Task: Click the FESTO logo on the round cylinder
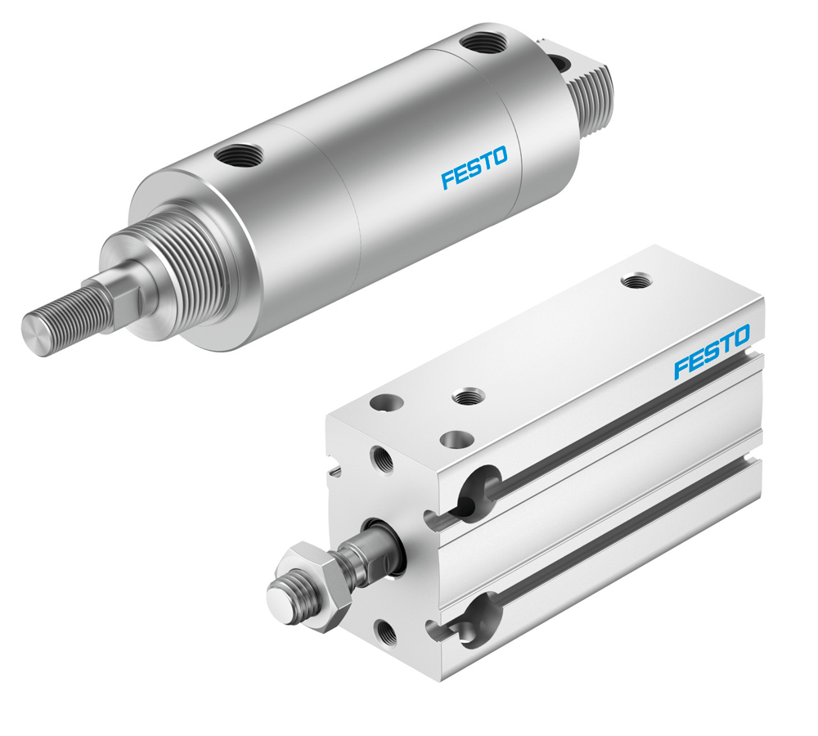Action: pos(474,166)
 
